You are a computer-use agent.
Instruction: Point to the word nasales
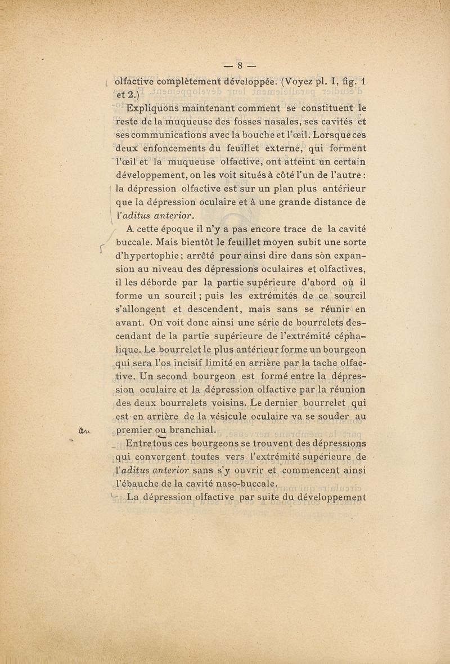pyautogui.click(x=276, y=122)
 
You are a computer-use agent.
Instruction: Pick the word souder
pyautogui.click(x=326, y=417)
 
